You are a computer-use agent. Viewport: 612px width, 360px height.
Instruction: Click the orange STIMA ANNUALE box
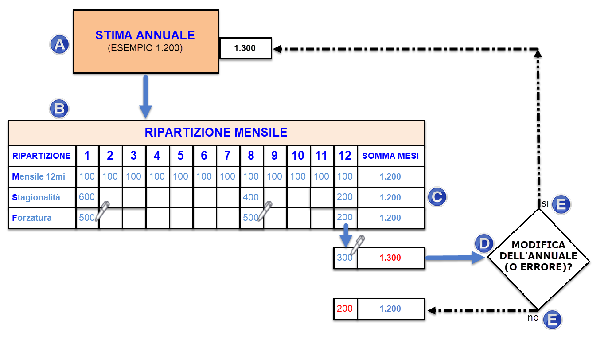(x=145, y=41)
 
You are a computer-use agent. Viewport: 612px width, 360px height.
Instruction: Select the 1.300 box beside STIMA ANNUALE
(x=245, y=48)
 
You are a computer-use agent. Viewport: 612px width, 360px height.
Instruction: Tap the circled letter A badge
(x=59, y=45)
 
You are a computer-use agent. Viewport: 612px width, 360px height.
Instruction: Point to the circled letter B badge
(x=59, y=109)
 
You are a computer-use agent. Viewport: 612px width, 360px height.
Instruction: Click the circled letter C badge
(x=437, y=197)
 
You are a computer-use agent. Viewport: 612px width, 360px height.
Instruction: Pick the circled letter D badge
(x=484, y=243)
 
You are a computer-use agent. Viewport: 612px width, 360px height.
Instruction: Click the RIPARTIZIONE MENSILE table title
(x=216, y=133)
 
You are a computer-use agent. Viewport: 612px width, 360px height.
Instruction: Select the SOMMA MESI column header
(x=390, y=156)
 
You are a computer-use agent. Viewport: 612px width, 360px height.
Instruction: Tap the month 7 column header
(x=227, y=156)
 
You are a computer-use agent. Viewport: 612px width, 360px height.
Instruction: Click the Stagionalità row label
(x=36, y=197)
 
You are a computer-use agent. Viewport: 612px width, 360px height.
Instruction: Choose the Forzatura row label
(x=32, y=218)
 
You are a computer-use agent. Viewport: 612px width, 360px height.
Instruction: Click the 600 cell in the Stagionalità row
(x=87, y=197)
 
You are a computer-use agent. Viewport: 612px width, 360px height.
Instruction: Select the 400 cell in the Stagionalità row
(x=251, y=197)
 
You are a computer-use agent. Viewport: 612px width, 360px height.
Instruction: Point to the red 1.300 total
(x=390, y=258)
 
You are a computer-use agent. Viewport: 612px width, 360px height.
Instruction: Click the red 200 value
(x=345, y=309)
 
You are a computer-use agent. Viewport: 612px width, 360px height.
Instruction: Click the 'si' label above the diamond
(x=545, y=203)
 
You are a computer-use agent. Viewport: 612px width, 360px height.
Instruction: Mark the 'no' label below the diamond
(x=533, y=318)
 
